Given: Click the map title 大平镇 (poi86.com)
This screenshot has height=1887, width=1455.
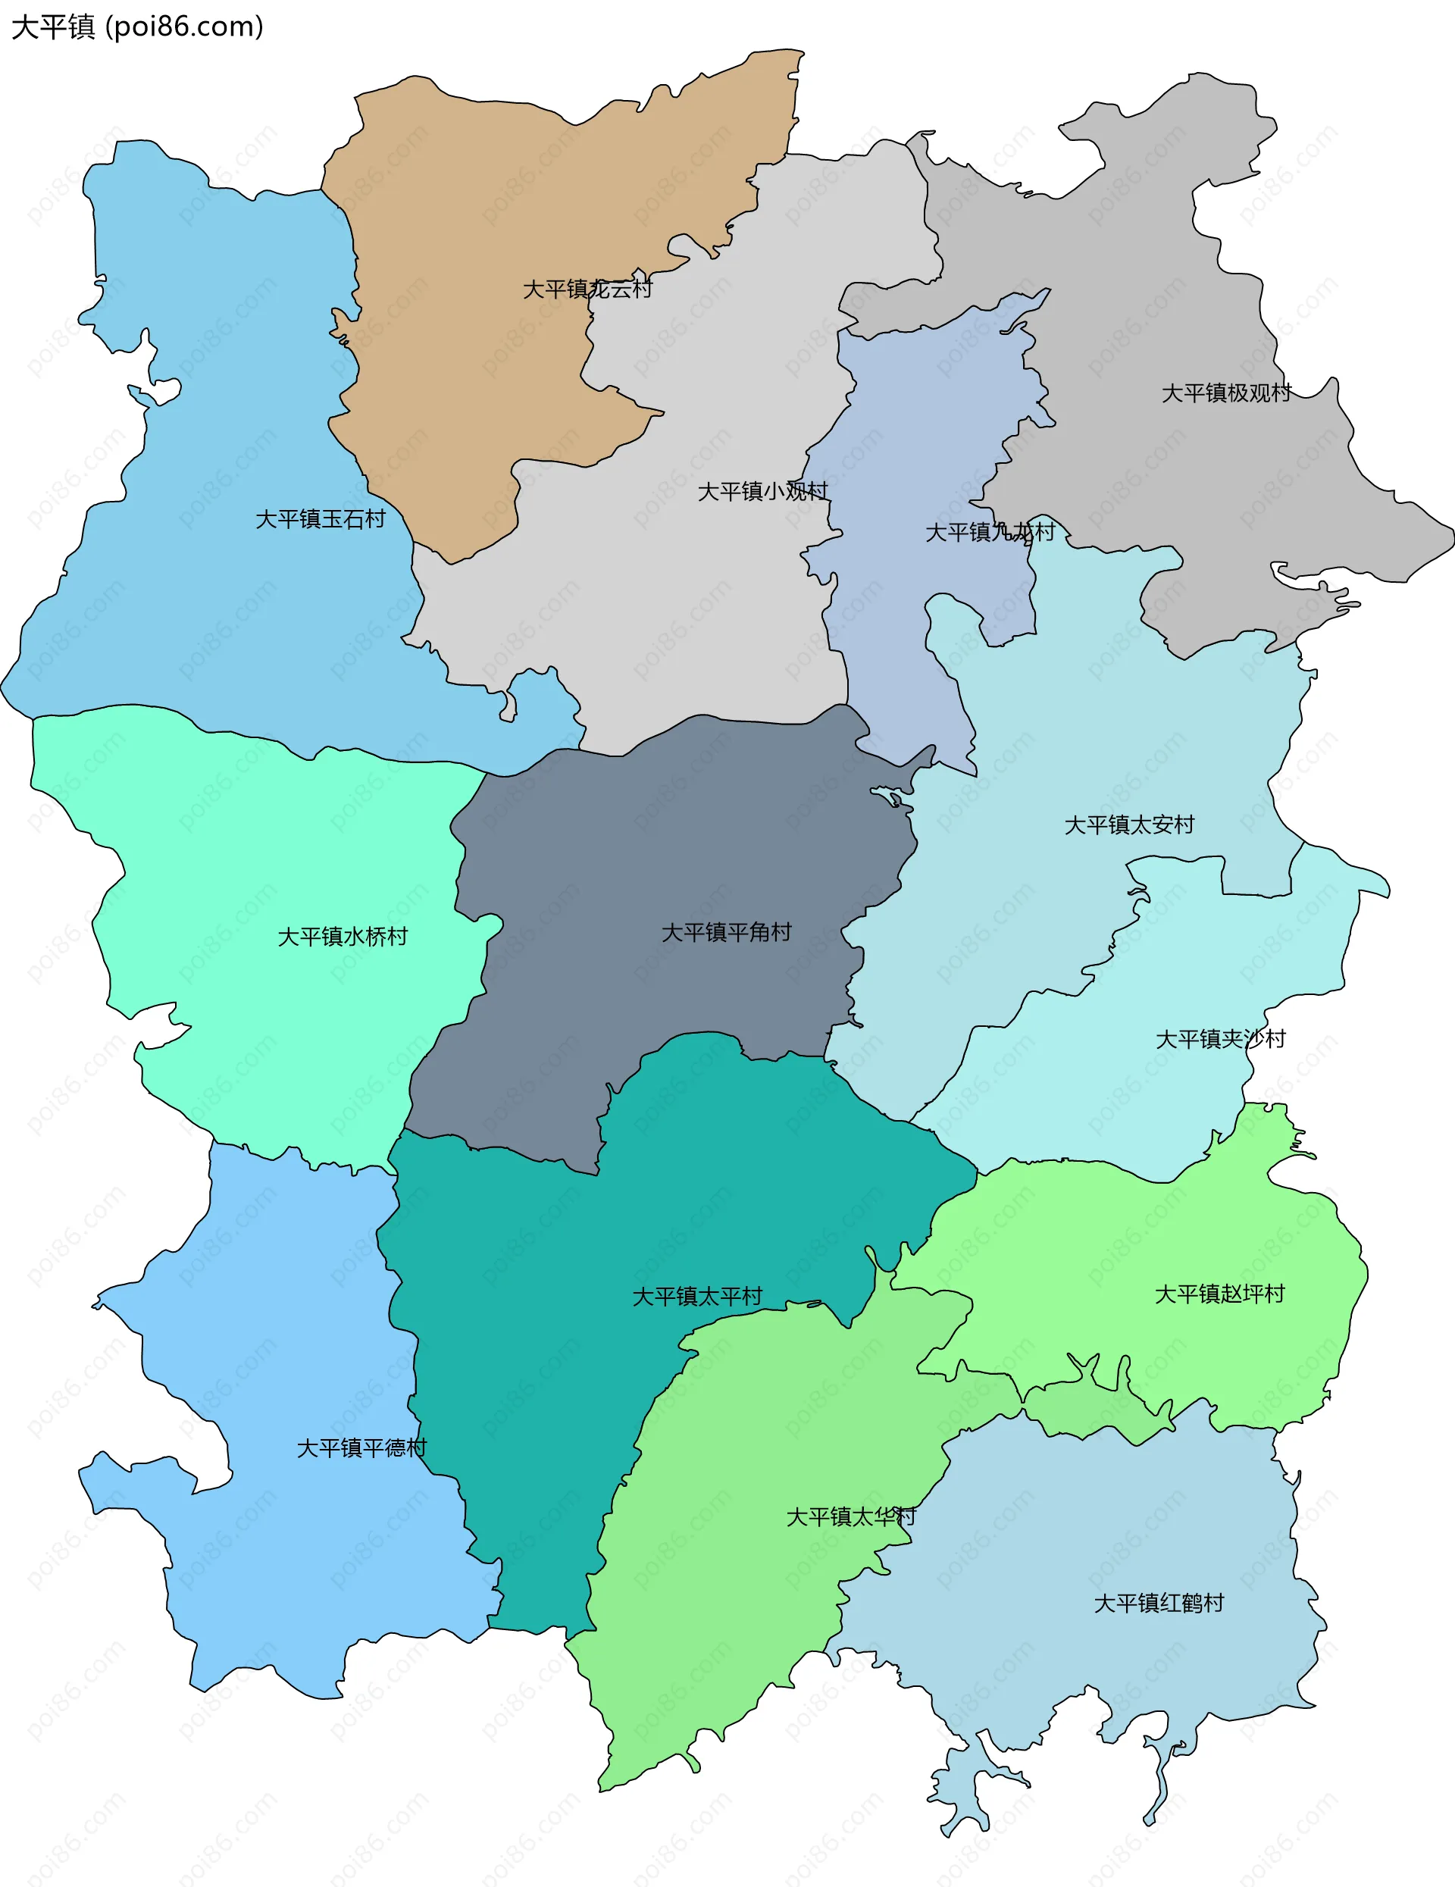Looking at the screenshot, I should click(x=136, y=27).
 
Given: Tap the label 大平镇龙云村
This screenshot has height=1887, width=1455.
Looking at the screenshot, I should click(x=587, y=289).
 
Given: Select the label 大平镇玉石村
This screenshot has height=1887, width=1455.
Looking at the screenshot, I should click(x=321, y=518).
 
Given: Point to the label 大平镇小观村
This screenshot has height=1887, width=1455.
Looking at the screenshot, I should click(x=762, y=491).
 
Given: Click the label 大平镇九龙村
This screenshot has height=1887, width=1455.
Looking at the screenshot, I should click(x=990, y=531).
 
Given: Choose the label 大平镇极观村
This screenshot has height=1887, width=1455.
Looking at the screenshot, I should click(x=1226, y=393).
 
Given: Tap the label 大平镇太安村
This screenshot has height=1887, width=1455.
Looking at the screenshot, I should click(x=1129, y=825).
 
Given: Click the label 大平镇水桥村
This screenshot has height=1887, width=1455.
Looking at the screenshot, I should click(x=342, y=936).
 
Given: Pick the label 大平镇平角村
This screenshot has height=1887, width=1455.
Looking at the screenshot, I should click(x=726, y=931).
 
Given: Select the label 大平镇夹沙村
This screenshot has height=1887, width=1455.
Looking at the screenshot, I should click(x=1221, y=1038).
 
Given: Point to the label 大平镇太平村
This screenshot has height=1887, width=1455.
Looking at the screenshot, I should click(x=697, y=1296).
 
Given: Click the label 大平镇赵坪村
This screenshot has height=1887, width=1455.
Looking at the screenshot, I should click(x=1220, y=1294).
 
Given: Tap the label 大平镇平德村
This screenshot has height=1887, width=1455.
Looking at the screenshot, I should click(x=361, y=1447).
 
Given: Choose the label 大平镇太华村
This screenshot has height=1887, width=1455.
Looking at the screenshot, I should click(x=850, y=1516).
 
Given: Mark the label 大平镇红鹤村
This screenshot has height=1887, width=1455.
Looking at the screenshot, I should click(x=1159, y=1603).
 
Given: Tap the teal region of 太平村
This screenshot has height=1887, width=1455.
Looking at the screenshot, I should click(x=536, y=1382).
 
